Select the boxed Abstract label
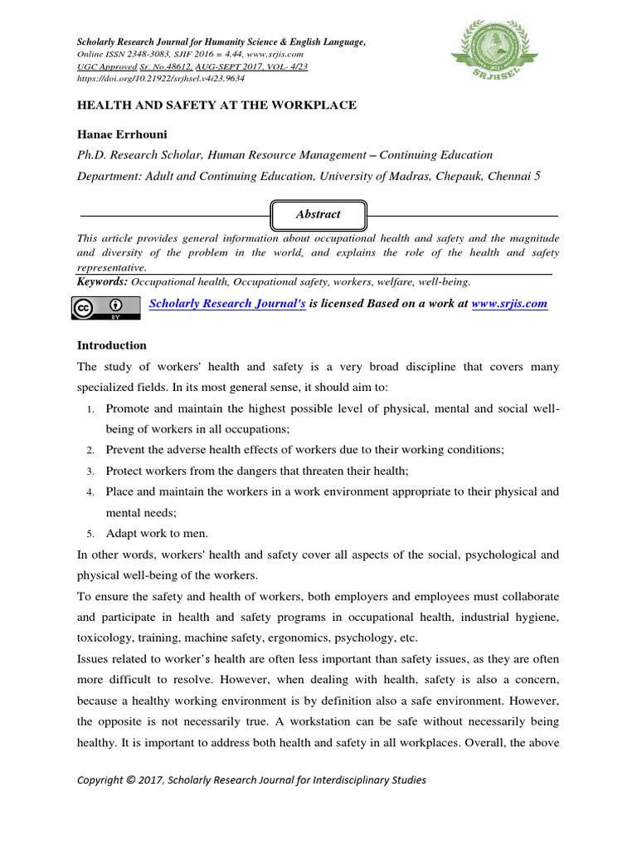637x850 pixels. tap(318, 214)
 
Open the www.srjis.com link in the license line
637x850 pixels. tap(508, 304)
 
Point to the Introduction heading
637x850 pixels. tap(112, 345)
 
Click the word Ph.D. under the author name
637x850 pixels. tap(95, 155)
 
